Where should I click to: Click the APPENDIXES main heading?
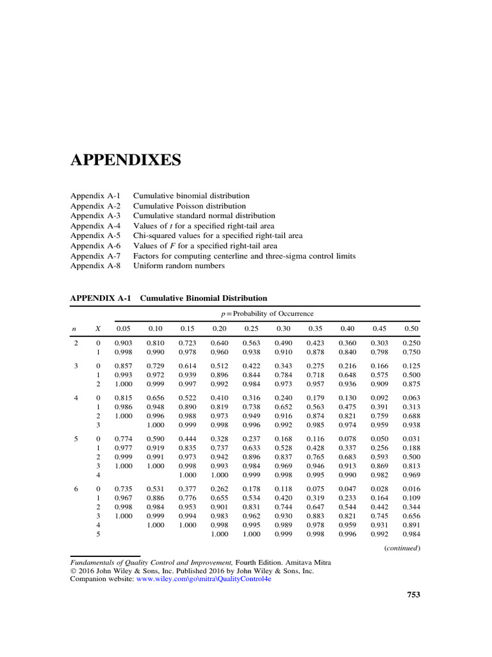click(x=125, y=160)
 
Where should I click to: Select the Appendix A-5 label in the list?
click(x=95, y=235)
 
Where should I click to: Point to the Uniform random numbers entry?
click(x=179, y=266)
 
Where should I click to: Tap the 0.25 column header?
click(x=251, y=328)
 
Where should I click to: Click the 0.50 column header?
click(x=411, y=328)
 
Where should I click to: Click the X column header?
click(x=98, y=328)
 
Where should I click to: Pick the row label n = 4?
click(x=76, y=398)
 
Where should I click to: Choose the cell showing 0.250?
click(x=411, y=343)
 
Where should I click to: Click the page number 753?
click(x=413, y=595)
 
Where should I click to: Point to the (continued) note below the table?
click(x=402, y=549)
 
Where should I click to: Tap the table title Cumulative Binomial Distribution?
click(x=204, y=298)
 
